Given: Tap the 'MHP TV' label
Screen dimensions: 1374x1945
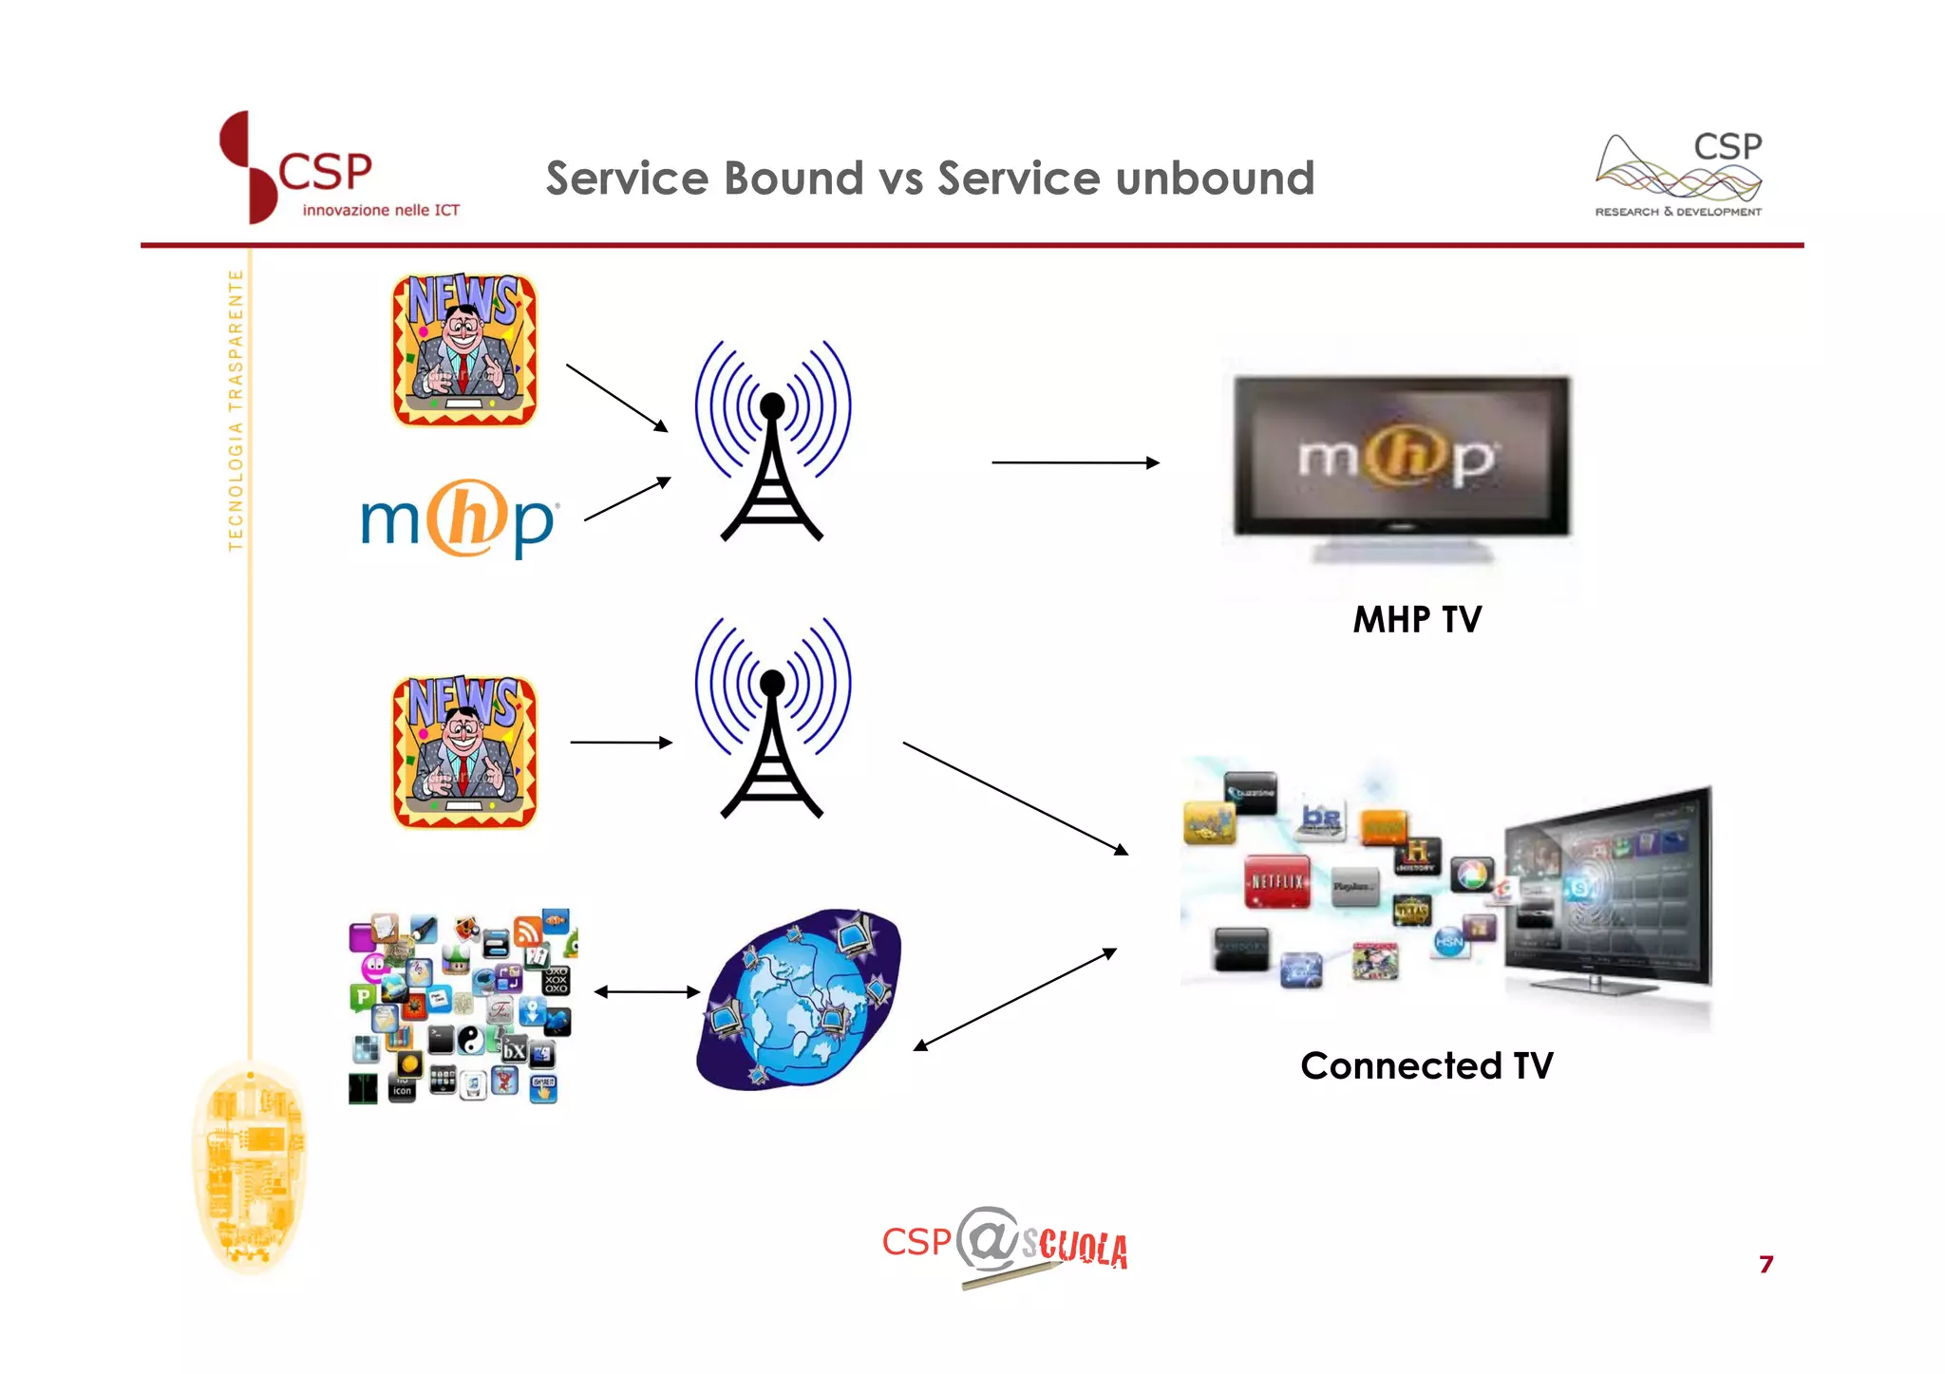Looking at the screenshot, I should tap(1417, 620).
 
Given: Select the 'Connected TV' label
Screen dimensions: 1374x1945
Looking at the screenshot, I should tap(1426, 1065).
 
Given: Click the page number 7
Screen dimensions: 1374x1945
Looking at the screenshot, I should tap(1766, 1264).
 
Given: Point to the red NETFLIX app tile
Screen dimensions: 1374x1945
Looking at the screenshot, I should tap(1277, 881).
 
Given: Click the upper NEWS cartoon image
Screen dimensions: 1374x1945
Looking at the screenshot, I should tap(464, 349).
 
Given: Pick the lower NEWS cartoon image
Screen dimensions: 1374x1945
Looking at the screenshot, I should tap(464, 751).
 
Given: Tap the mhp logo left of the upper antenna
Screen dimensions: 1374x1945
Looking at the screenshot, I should tap(460, 518).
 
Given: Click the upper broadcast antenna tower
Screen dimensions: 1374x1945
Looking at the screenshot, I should tap(772, 442).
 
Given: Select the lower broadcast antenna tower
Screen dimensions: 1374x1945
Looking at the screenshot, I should tap(772, 719).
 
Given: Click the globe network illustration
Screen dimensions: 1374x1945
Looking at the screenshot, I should tap(799, 999).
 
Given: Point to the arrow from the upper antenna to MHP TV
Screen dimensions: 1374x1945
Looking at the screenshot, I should tap(1075, 462).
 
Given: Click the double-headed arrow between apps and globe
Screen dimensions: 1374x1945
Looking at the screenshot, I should tap(647, 992).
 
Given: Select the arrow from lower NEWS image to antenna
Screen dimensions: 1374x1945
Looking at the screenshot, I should tap(621, 743).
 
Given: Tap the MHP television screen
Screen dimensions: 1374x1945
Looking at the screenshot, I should tap(1401, 457).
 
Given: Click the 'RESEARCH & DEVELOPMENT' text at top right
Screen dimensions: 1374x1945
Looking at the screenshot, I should tap(1678, 212).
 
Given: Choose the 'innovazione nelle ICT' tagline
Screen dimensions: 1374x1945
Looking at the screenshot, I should tap(381, 210).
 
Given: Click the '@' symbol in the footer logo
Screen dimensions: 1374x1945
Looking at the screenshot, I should tap(988, 1239).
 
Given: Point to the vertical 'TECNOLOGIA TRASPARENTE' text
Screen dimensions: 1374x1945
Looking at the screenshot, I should tap(236, 409).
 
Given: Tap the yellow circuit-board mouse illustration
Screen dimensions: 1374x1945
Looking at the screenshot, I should tap(250, 1167).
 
